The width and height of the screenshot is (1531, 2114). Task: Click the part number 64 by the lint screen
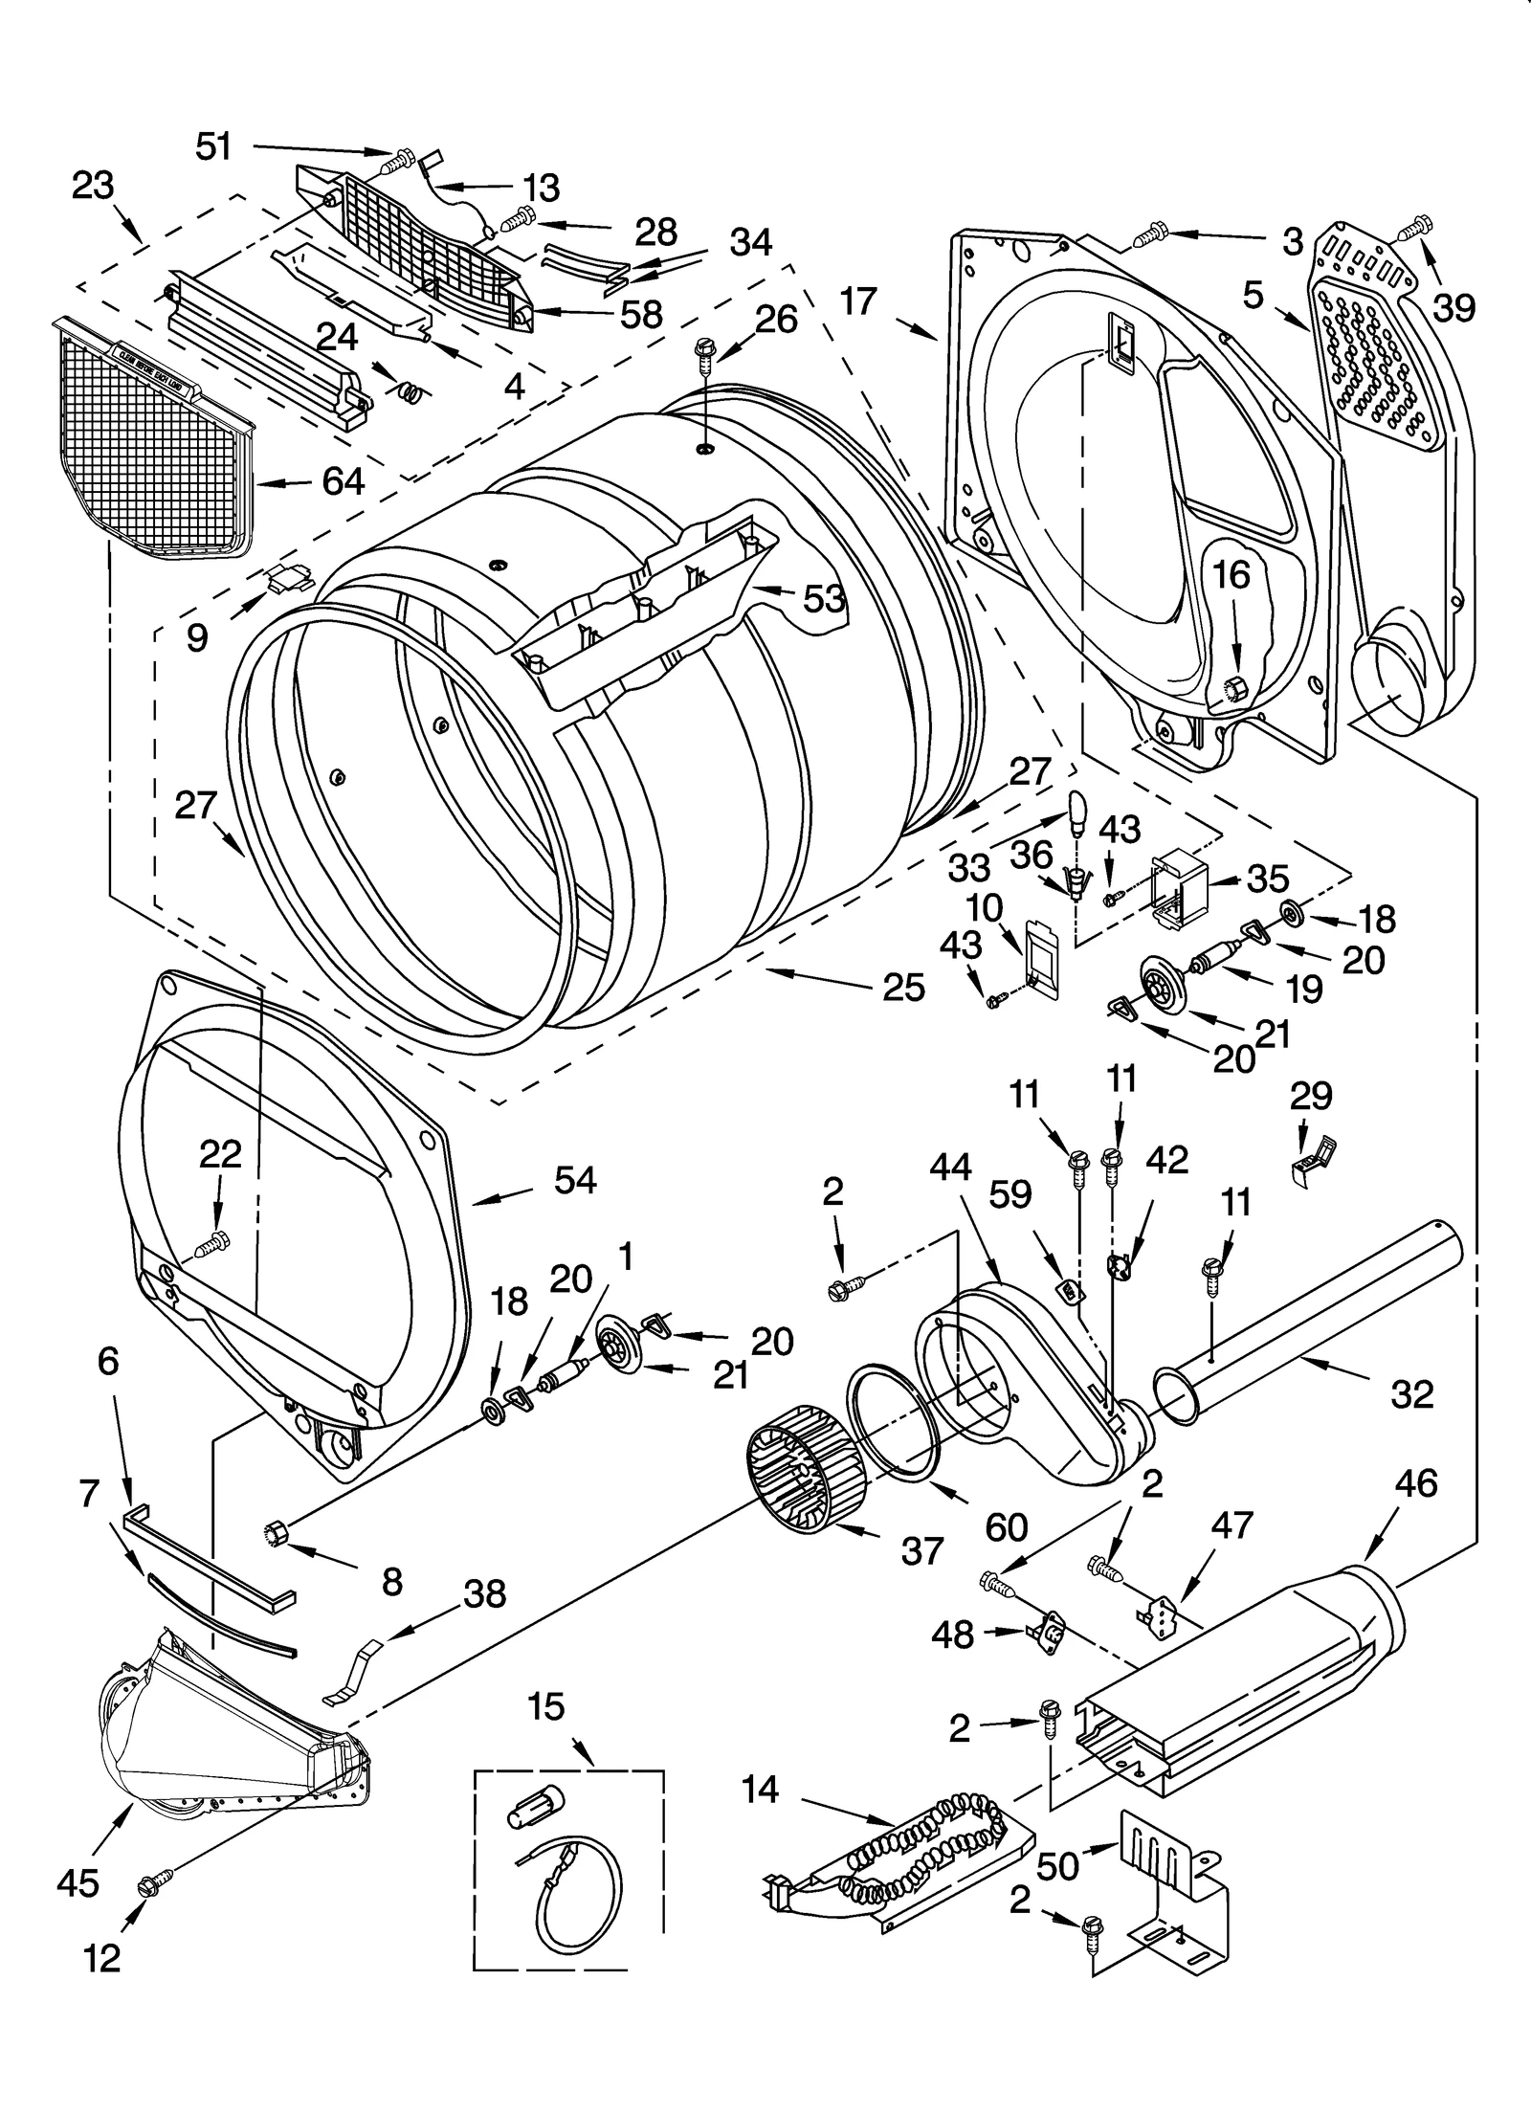click(x=343, y=480)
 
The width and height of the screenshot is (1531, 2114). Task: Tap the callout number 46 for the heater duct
click(x=1415, y=1483)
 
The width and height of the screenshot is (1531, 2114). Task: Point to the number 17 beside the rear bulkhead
click(x=858, y=301)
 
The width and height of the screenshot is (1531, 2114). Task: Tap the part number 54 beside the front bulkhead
click(x=575, y=1180)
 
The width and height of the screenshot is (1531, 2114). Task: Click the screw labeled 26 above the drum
click(x=705, y=352)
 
